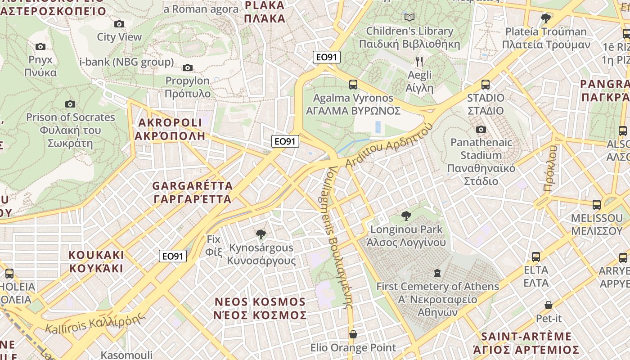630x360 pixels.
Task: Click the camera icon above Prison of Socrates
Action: pyautogui.click(x=70, y=104)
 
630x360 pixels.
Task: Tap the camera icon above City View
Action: pyautogui.click(x=119, y=24)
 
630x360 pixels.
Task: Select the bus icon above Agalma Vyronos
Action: pyautogui.click(x=353, y=85)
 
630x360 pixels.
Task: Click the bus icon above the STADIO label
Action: pyautogui.click(x=485, y=85)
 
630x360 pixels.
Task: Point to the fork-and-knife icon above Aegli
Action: pyautogui.click(x=419, y=61)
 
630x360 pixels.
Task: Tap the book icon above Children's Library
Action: pyautogui.click(x=409, y=18)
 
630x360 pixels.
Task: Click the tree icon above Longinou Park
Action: pyautogui.click(x=406, y=216)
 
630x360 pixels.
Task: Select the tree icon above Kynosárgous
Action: pyautogui.click(x=261, y=234)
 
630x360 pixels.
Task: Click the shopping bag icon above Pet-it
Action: pyautogui.click(x=548, y=305)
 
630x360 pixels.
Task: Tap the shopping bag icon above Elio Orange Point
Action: pyautogui.click(x=353, y=334)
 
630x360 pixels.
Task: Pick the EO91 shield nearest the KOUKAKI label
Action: pyautogui.click(x=173, y=256)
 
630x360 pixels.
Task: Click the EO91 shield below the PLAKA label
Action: pyautogui.click(x=327, y=57)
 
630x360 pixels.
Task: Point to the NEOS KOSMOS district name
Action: pyautogui.click(x=260, y=308)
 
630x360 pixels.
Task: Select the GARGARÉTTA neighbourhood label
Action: pyautogui.click(x=192, y=192)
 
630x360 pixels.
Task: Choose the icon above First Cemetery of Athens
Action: pyautogui.click(x=436, y=273)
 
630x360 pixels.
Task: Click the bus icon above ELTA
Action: pyautogui.click(x=535, y=257)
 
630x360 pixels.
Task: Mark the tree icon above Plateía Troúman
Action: pyautogui.click(x=545, y=18)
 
